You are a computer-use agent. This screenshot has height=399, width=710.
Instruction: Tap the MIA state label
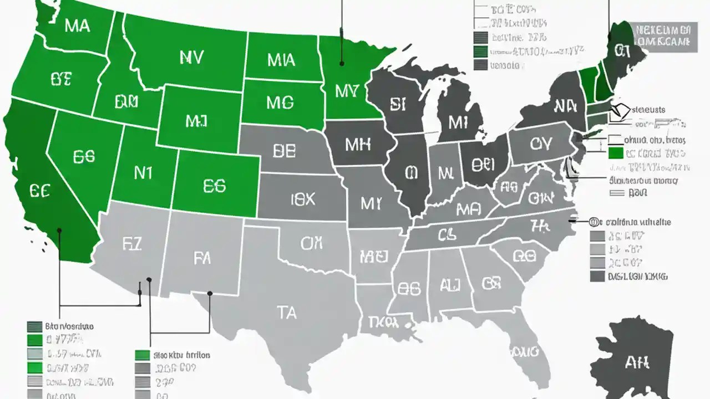click(x=281, y=60)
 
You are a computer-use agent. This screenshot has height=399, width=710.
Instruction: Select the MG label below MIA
click(x=280, y=102)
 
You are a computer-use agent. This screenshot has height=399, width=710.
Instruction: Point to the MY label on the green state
click(x=348, y=91)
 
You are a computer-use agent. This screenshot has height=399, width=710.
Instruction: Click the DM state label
click(x=126, y=101)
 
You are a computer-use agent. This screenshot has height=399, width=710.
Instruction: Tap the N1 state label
click(x=143, y=173)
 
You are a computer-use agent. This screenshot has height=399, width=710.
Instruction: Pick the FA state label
click(x=202, y=258)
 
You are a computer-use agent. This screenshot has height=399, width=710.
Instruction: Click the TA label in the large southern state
click(x=286, y=313)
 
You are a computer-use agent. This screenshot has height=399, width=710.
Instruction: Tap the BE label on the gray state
click(x=285, y=151)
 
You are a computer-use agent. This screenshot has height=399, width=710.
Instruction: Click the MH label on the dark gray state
click(x=357, y=145)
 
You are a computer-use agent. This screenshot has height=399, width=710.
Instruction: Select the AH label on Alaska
click(x=637, y=363)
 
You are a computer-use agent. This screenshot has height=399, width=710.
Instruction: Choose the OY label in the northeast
click(x=540, y=144)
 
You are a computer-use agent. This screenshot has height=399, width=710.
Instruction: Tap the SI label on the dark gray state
click(x=398, y=105)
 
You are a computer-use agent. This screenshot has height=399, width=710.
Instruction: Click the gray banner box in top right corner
click(x=665, y=37)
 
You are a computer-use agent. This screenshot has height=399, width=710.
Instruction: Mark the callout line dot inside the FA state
click(x=210, y=293)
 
